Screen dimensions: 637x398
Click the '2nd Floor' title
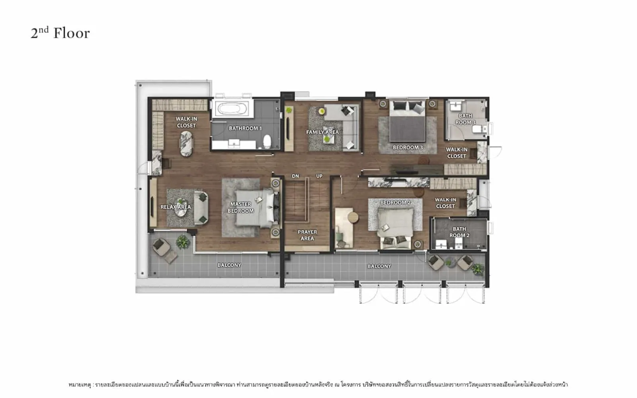(60, 33)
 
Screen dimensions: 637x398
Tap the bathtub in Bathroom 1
(233, 108)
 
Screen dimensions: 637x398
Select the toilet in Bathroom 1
(267, 141)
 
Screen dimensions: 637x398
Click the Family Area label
(322, 132)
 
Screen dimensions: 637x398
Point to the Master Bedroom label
(240, 207)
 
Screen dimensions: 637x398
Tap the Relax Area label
(176, 207)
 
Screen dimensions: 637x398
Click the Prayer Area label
(307, 235)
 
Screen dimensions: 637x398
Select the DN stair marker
(295, 176)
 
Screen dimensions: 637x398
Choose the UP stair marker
(319, 176)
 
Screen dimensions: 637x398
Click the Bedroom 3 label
(408, 148)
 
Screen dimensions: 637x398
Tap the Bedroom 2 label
(396, 203)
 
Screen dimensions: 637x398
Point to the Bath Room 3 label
(465, 119)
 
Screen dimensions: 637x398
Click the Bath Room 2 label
(459, 232)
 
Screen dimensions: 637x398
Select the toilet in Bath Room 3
(479, 129)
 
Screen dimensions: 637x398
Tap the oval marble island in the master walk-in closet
(186, 144)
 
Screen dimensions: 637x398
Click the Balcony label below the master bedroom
(229, 265)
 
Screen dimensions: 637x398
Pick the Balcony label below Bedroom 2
(379, 266)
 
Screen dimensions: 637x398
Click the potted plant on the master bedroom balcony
(183, 242)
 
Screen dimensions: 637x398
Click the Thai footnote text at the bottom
(318, 384)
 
